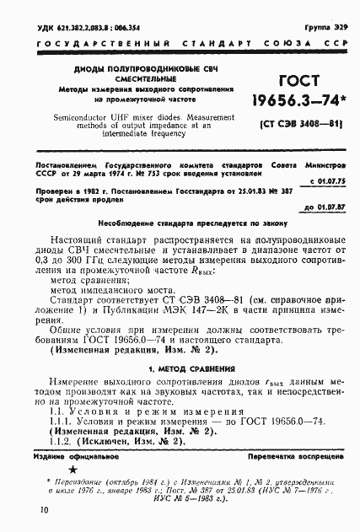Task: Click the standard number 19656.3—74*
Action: click(x=293, y=104)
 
